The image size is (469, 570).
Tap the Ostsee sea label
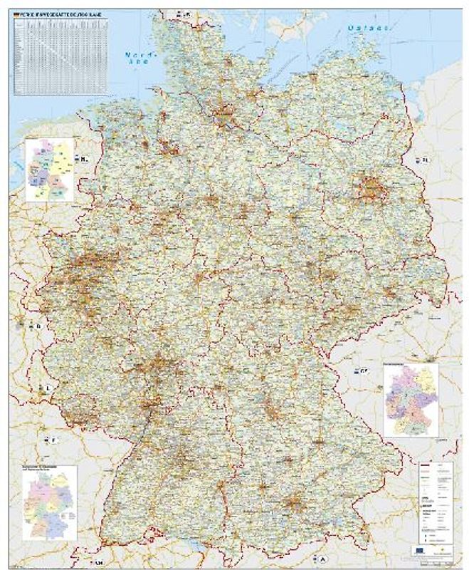(x=367, y=28)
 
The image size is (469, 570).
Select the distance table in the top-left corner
(x=60, y=57)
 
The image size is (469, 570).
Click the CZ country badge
(x=361, y=370)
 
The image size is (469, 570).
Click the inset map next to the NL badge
(x=49, y=170)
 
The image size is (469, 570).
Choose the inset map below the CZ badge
(x=411, y=400)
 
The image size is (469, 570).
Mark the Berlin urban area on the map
(x=371, y=188)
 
